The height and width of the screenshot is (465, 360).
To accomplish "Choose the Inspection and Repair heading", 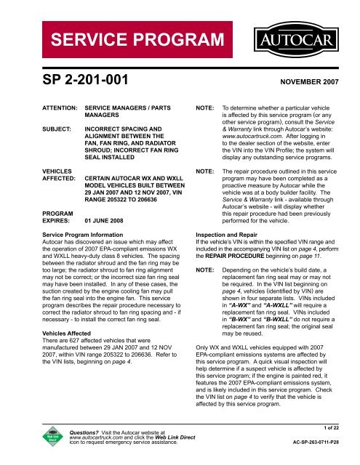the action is pyautogui.click(x=231, y=235).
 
